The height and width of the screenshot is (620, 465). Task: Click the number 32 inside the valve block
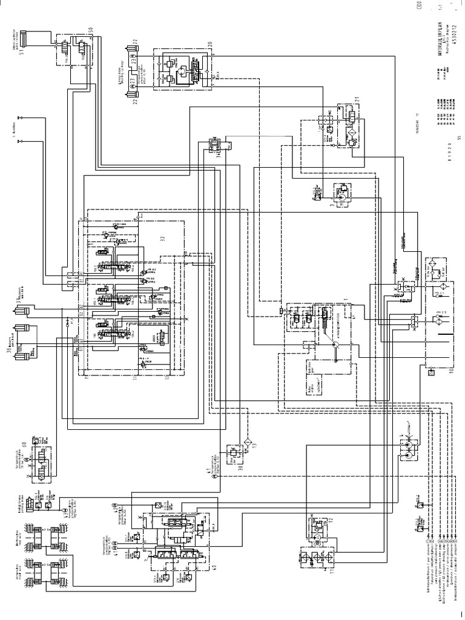point(162,239)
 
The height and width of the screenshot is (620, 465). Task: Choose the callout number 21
point(357,99)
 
